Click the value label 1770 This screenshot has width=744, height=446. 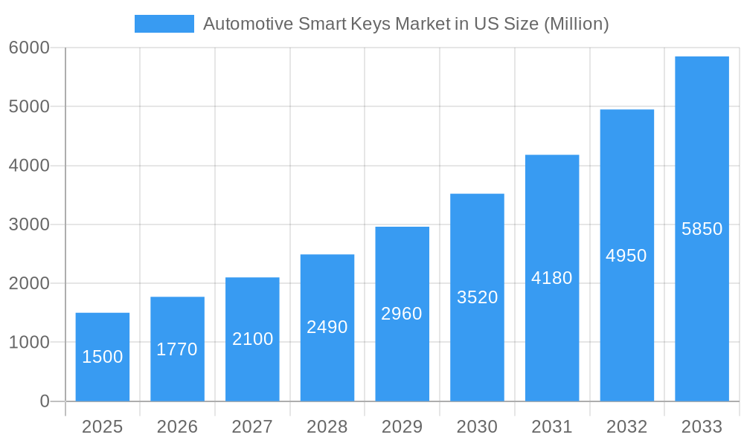point(177,349)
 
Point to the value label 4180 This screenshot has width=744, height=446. point(552,278)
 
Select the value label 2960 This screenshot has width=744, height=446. point(402,314)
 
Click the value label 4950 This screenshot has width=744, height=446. point(626,256)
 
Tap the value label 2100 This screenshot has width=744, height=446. point(252,339)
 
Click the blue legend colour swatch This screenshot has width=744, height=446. point(164,24)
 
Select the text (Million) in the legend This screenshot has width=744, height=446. point(577,24)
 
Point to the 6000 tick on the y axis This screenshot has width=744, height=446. point(29,48)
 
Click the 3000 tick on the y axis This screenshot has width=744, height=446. point(29,224)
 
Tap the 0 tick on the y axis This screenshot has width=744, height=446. point(44,401)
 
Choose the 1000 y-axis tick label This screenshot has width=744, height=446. point(29,343)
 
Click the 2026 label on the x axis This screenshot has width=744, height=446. point(177,427)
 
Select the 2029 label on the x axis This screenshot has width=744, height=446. point(402,427)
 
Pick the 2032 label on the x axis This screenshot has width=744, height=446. point(626,427)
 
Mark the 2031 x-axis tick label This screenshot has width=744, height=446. point(552,427)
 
